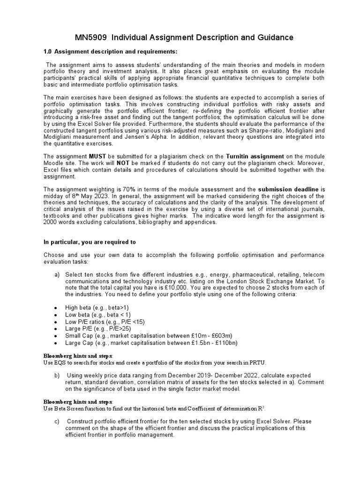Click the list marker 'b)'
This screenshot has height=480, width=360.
pos(58,375)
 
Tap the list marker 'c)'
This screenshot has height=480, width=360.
pos(57,421)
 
